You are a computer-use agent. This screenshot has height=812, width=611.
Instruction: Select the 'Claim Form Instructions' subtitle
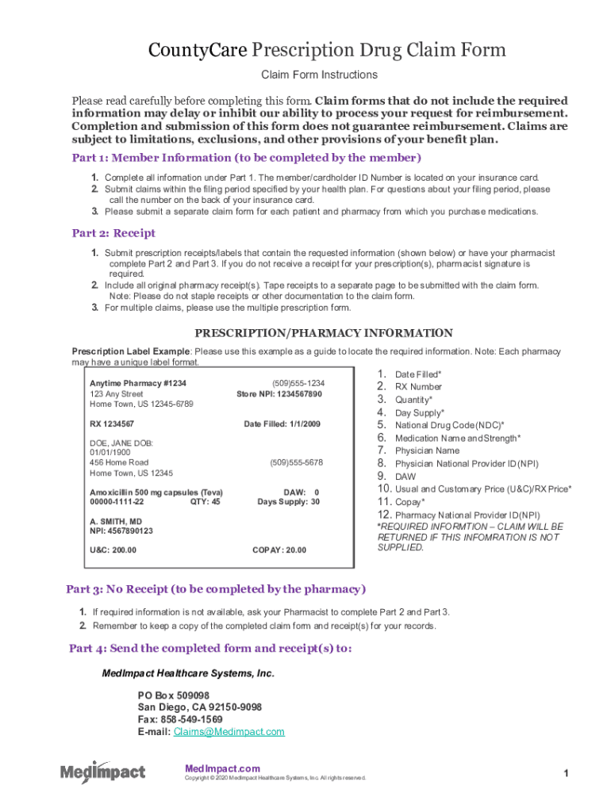(x=320, y=75)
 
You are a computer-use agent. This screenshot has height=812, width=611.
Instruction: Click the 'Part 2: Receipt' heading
(x=113, y=233)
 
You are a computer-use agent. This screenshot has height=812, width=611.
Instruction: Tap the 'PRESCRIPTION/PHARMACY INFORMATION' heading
(x=324, y=333)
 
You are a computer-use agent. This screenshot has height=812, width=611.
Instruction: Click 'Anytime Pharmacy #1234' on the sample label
(x=138, y=384)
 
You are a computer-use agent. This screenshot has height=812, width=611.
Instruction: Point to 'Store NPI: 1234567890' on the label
(x=279, y=394)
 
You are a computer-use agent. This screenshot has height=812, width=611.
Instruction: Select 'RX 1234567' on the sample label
(x=112, y=425)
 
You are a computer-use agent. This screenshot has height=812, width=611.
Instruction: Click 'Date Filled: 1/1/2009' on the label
(x=282, y=425)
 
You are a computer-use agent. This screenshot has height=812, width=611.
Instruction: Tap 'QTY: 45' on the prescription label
(x=206, y=502)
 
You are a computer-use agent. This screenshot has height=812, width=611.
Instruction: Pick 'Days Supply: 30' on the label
(x=288, y=502)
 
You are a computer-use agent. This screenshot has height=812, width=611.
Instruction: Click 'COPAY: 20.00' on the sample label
(x=279, y=550)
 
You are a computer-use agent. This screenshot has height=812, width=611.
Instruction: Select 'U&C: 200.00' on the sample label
(x=113, y=550)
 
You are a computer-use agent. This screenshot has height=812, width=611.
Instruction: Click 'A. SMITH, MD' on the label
(x=116, y=522)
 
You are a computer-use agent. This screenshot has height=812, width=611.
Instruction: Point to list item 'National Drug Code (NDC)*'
(x=449, y=425)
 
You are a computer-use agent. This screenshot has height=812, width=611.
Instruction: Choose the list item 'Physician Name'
(x=427, y=450)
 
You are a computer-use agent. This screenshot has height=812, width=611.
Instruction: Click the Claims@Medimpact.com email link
(x=229, y=732)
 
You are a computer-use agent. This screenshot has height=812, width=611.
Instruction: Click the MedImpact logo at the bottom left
(x=103, y=771)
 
